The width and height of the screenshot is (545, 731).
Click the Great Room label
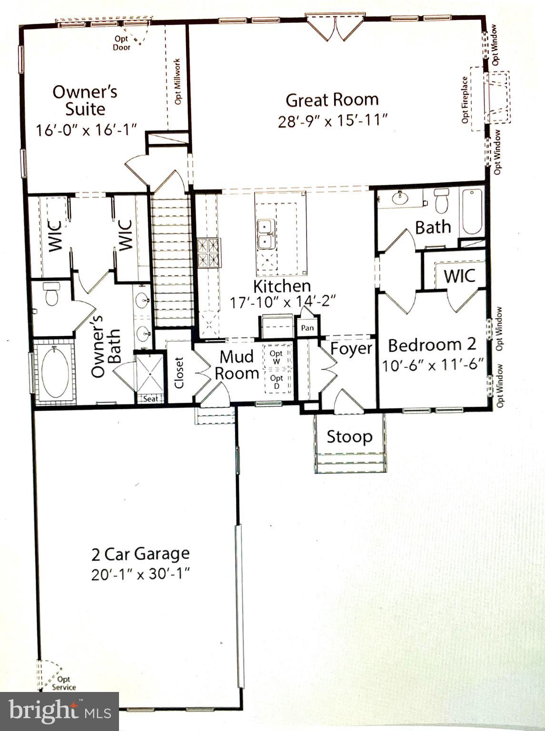(332, 100)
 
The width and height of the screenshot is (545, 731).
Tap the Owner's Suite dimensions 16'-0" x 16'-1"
(87, 129)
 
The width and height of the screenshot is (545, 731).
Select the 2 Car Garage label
(140, 554)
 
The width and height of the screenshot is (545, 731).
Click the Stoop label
(349, 437)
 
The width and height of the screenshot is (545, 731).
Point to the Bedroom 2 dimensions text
(433, 365)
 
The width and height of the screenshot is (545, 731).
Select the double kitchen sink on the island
(265, 234)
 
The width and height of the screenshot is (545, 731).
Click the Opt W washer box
(276, 357)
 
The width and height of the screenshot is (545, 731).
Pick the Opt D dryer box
(276, 382)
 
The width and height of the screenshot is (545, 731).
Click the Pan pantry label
(307, 328)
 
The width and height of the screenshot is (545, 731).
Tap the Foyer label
(351, 348)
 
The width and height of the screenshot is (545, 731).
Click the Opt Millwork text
(178, 81)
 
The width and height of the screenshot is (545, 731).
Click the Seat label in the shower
(150, 399)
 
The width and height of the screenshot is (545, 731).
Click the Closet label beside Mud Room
(179, 373)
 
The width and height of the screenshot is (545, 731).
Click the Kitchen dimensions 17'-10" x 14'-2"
(283, 303)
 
